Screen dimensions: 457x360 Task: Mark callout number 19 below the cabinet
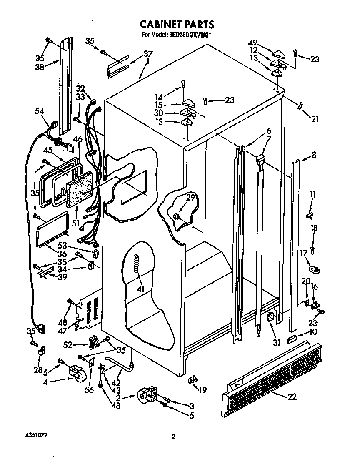(203, 390)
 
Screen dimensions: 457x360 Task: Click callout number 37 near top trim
(148, 53)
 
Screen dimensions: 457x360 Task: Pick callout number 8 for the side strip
(313, 155)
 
